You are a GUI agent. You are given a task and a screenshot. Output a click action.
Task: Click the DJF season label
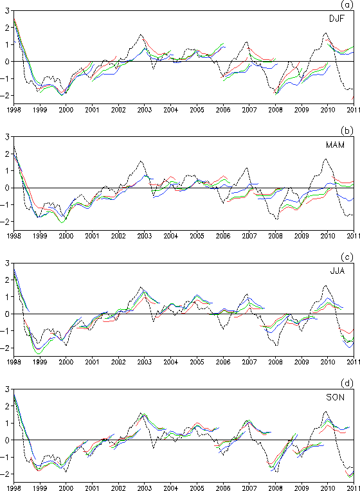(336, 19)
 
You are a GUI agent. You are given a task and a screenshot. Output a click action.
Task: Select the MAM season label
(335, 145)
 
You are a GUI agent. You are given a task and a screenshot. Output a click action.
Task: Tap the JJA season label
(337, 271)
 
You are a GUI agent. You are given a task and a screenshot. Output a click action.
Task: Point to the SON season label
(335, 397)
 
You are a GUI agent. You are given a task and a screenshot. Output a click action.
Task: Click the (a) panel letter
(347, 4)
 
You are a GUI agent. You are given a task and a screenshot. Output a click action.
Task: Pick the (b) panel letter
(347, 130)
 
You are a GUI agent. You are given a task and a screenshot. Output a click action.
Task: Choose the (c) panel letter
(347, 257)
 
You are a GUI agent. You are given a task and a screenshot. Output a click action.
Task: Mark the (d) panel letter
(347, 383)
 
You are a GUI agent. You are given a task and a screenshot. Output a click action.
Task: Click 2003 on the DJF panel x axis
(145, 110)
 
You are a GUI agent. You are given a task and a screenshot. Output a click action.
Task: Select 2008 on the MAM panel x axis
(275, 236)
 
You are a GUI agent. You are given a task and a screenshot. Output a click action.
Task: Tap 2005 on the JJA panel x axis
(197, 362)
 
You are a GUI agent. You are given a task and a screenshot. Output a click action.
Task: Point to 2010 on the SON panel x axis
(328, 488)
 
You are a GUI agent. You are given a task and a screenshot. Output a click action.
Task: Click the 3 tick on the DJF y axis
(7, 11)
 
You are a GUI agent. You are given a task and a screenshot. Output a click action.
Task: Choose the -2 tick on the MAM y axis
(5, 222)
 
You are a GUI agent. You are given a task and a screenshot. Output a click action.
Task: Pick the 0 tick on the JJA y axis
(7, 314)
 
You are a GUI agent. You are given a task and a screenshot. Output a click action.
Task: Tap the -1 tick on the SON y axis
(5, 457)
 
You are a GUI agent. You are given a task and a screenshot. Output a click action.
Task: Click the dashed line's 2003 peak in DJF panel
(141, 35)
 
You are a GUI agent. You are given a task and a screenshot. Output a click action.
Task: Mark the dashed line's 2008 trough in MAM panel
(276, 219)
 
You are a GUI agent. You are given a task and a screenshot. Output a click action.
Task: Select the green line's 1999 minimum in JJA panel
(39, 353)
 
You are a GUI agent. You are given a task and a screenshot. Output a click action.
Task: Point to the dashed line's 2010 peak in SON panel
(326, 411)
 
